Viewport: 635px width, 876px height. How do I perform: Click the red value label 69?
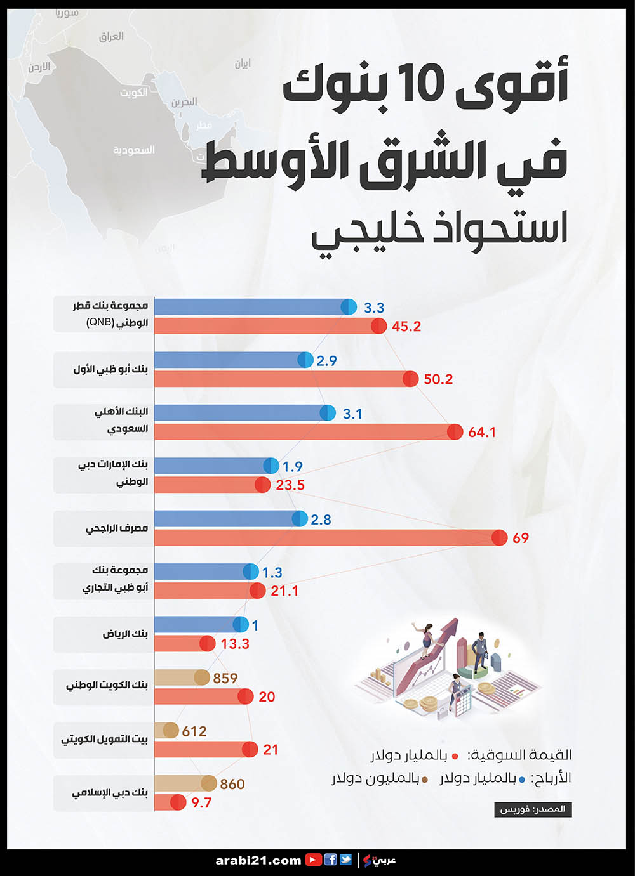point(520,538)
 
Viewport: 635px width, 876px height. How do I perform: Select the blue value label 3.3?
point(374,308)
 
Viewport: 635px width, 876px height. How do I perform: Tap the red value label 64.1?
point(481,432)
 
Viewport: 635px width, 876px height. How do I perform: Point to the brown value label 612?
point(194,731)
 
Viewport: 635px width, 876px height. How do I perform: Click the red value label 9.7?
point(201,802)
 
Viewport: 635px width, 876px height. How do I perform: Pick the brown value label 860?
point(232,784)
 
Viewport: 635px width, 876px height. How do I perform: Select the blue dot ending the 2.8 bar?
point(300,519)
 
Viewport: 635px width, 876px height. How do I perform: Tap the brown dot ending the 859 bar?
point(202,677)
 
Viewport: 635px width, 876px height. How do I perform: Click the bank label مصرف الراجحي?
point(117,528)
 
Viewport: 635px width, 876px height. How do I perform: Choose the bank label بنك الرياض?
point(125,634)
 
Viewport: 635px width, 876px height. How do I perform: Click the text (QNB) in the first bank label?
point(100,322)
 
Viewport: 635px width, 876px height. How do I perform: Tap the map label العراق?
point(111,37)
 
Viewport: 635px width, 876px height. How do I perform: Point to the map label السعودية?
point(133,150)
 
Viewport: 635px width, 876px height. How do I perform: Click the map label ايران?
point(243,63)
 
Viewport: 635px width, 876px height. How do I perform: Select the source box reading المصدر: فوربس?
point(532,809)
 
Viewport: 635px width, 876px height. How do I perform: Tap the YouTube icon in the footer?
point(313,860)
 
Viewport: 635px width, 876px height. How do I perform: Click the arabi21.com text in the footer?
point(258,860)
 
